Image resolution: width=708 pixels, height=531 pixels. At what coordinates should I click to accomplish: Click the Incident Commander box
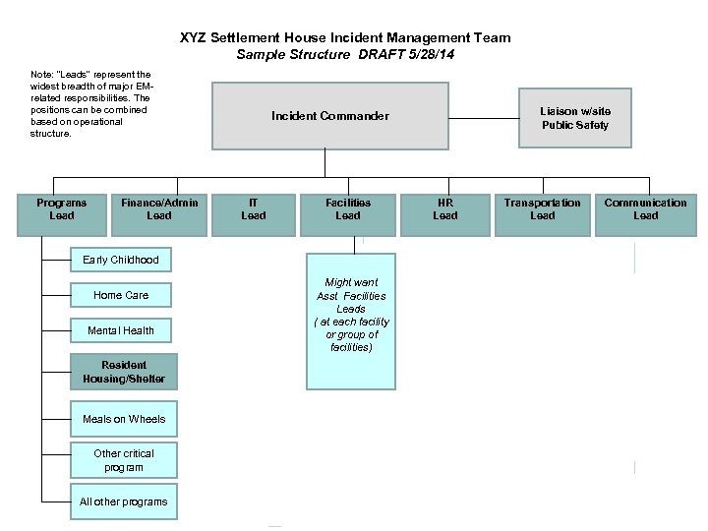tap(329, 116)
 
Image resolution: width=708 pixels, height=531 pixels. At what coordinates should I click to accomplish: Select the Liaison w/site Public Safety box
tap(575, 118)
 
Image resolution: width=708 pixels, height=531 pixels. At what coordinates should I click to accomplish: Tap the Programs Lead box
tap(61, 209)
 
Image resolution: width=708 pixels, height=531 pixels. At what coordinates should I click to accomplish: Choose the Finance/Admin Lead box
tap(158, 209)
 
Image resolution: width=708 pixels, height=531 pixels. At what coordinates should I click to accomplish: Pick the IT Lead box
tap(254, 209)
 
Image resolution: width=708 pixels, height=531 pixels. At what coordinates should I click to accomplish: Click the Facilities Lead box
tap(348, 209)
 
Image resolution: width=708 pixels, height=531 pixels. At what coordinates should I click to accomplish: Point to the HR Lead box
tap(445, 209)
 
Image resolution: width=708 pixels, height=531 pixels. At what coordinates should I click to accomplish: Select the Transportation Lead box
tap(542, 209)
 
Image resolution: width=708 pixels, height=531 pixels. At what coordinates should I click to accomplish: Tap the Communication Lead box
tap(645, 209)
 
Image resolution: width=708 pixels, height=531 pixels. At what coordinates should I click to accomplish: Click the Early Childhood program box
tap(121, 260)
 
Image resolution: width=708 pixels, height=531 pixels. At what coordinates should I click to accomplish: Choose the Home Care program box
tap(121, 295)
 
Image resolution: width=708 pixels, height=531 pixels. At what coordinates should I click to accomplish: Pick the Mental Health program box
tap(121, 330)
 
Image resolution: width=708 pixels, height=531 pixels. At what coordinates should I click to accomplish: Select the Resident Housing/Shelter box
tap(124, 372)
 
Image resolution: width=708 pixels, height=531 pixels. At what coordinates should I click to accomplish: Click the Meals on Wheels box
tap(124, 419)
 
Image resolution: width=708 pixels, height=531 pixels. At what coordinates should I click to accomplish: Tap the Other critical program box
tap(124, 460)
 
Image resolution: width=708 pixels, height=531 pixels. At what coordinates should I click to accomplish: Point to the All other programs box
tap(124, 501)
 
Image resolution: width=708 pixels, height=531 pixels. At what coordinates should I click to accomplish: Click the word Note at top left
tap(42, 74)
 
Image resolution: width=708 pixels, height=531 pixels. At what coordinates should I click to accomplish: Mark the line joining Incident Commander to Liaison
tap(484, 118)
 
